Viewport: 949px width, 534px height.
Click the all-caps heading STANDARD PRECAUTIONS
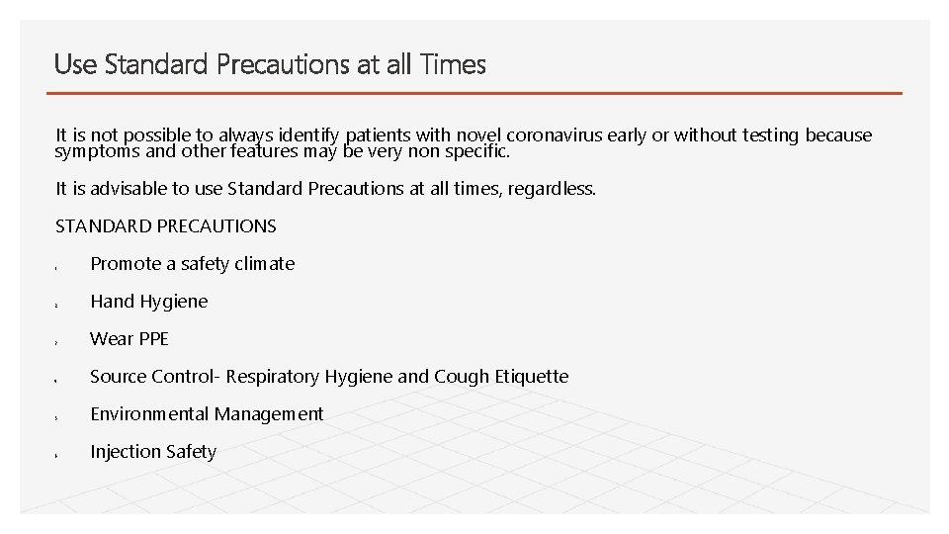coord(166,225)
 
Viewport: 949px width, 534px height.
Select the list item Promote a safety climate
coord(192,263)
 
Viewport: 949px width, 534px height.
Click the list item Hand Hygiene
coord(148,301)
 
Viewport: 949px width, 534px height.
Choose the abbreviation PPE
coord(152,338)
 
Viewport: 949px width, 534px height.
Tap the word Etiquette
coord(529,376)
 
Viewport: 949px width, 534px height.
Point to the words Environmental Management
coord(207,413)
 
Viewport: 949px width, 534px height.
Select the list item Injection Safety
coord(152,451)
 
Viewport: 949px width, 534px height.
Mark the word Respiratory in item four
coord(272,376)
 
